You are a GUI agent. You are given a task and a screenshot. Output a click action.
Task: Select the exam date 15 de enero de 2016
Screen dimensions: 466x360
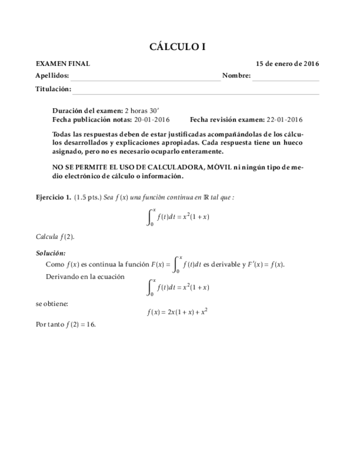point(287,64)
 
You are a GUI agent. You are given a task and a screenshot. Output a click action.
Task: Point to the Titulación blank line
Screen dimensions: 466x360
point(196,92)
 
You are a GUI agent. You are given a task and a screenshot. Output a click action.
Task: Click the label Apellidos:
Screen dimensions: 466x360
point(52,76)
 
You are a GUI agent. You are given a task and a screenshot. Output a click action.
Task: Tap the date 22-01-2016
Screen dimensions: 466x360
point(285,119)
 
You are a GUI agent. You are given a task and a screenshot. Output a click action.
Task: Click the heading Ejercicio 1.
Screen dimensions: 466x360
point(53,197)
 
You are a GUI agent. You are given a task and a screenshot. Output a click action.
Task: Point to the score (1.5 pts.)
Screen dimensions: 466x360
point(88,197)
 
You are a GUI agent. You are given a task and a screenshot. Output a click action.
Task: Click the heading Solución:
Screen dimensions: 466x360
point(51,253)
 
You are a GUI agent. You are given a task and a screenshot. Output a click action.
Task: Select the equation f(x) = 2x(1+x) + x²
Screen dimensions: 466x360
point(177,312)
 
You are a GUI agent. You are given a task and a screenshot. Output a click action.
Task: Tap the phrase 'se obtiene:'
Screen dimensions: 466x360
point(51,303)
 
